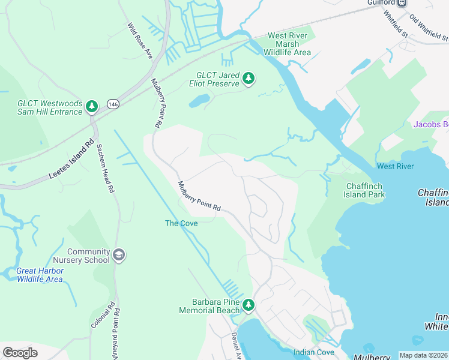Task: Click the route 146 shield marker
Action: pos(113,104)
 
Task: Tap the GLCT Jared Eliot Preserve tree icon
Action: pos(249,79)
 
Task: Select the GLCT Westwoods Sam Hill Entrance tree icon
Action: pos(92,107)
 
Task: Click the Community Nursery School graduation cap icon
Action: pos(119,256)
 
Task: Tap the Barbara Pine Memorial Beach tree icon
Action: pos(249,306)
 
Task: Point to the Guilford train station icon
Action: pos(402,2)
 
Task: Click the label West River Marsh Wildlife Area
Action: pos(288,44)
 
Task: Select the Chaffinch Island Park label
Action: pos(364,190)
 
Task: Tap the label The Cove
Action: pos(181,223)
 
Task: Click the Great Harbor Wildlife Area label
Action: pos(40,275)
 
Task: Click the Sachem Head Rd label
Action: pos(105,169)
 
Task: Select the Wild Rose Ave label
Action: pos(140,41)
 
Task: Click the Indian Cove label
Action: pos(313,352)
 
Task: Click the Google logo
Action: pos(20,353)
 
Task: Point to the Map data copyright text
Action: pos(423,355)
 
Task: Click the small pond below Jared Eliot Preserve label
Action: pos(199,100)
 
